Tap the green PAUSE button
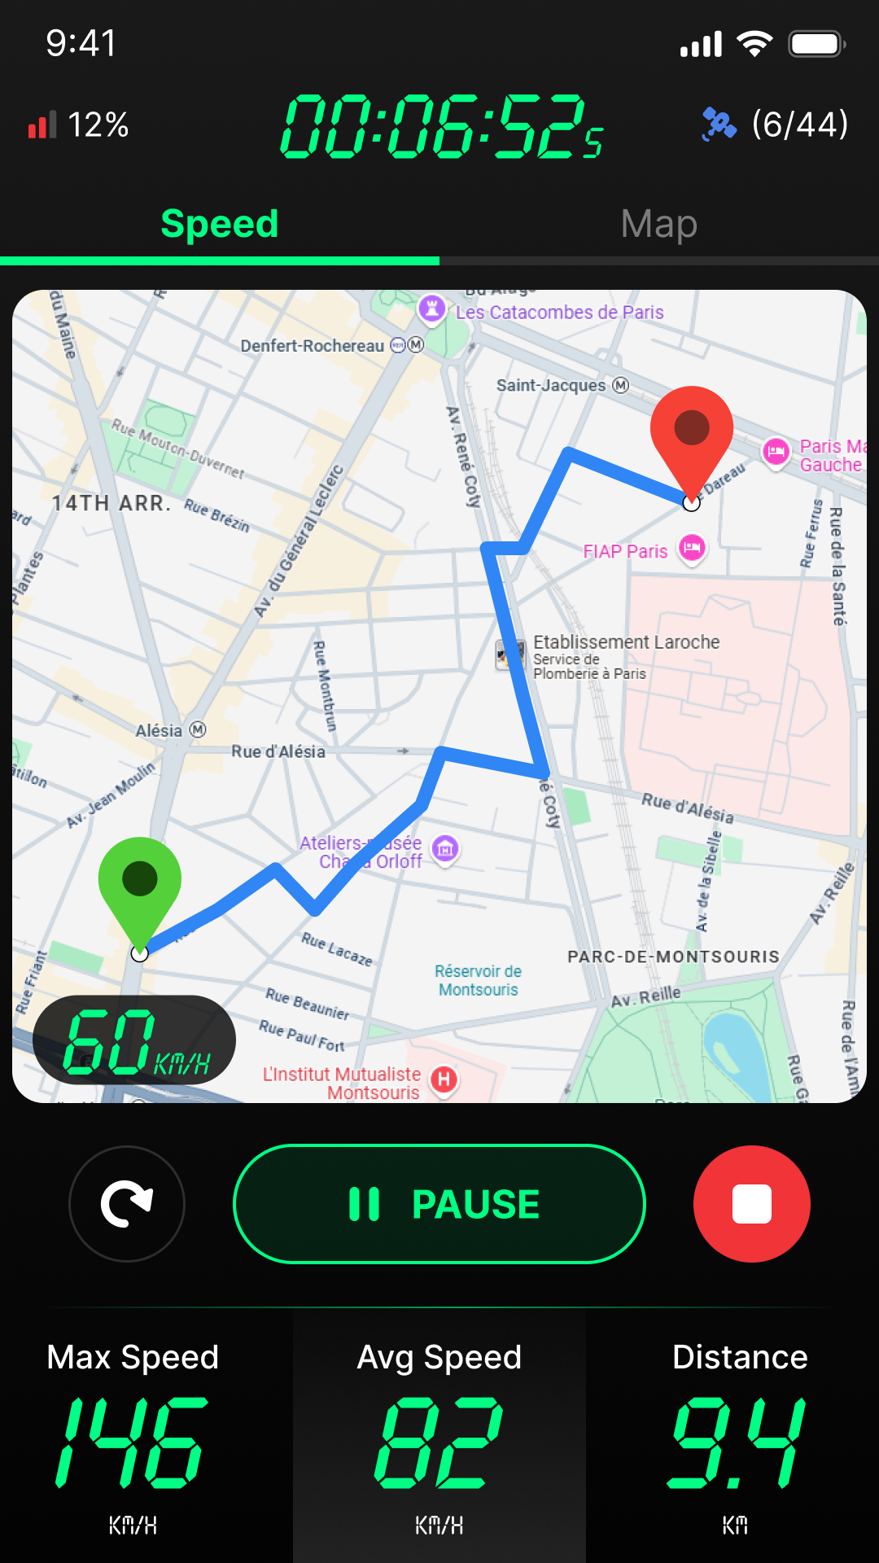coord(439,1204)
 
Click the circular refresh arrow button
coord(127,1204)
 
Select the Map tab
coord(658,224)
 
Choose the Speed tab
coord(220,224)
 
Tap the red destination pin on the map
coord(692,431)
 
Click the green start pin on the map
coord(140,883)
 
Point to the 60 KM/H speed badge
coord(134,1040)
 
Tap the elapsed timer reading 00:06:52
coord(440,126)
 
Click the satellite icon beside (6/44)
coord(719,125)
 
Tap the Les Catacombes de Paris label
coord(559,313)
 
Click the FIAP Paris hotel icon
coord(692,547)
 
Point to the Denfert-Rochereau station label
coord(313,346)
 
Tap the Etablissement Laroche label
coord(626,642)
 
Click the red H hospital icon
coord(444,1079)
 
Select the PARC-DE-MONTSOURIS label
coord(673,957)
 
